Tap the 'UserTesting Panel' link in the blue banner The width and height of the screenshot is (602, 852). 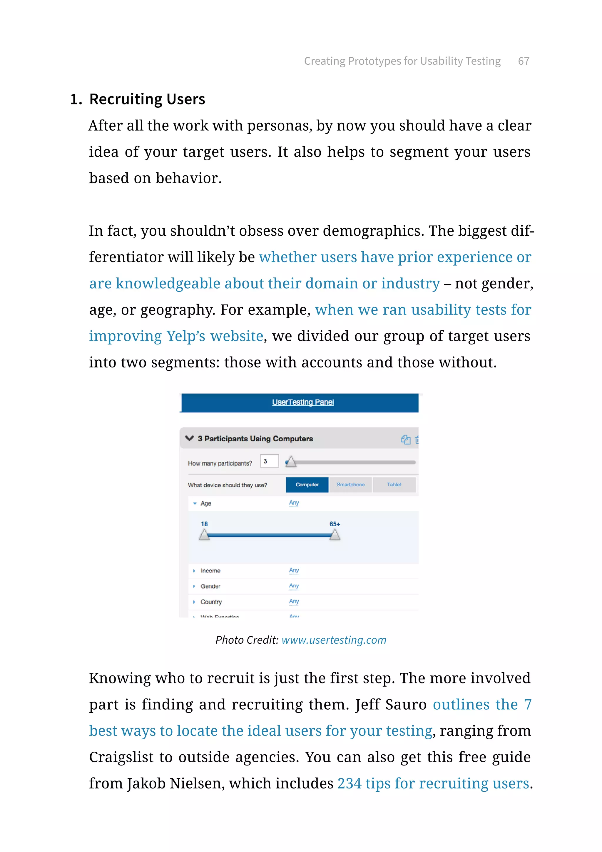[303, 402]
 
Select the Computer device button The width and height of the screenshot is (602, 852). [307, 485]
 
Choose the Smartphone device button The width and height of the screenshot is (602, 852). [350, 485]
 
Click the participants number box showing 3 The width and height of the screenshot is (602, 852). [269, 461]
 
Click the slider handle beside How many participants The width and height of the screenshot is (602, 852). [291, 462]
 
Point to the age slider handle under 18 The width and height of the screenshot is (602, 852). [204, 535]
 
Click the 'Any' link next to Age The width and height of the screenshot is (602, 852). [294, 502]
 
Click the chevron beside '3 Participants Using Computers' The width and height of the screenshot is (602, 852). [189, 438]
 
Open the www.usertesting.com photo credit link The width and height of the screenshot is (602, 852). [334, 640]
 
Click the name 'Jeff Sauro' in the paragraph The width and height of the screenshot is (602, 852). [391, 704]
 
